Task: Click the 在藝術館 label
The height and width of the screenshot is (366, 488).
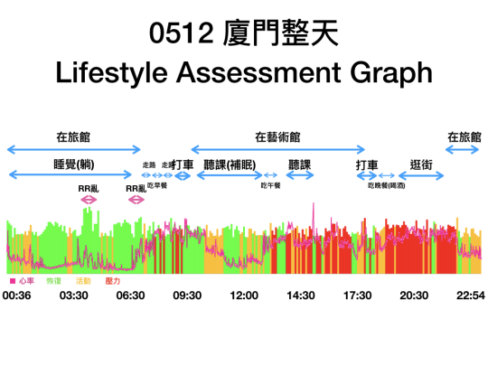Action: click(277, 136)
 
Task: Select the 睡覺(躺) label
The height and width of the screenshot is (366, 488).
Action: click(74, 164)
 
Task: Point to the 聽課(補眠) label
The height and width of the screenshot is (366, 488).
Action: click(230, 164)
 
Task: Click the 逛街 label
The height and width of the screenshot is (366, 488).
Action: click(422, 164)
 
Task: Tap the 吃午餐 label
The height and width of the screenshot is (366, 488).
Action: click(271, 184)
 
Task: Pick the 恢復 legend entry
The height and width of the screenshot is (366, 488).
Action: click(53, 282)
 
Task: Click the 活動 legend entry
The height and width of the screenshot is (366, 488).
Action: click(83, 282)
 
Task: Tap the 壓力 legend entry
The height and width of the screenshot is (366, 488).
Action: click(113, 282)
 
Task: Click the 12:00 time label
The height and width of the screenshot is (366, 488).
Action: click(245, 296)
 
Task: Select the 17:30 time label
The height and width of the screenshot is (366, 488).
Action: click(358, 296)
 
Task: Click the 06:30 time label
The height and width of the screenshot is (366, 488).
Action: click(132, 296)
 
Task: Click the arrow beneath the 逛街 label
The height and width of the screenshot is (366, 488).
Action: click(422, 176)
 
